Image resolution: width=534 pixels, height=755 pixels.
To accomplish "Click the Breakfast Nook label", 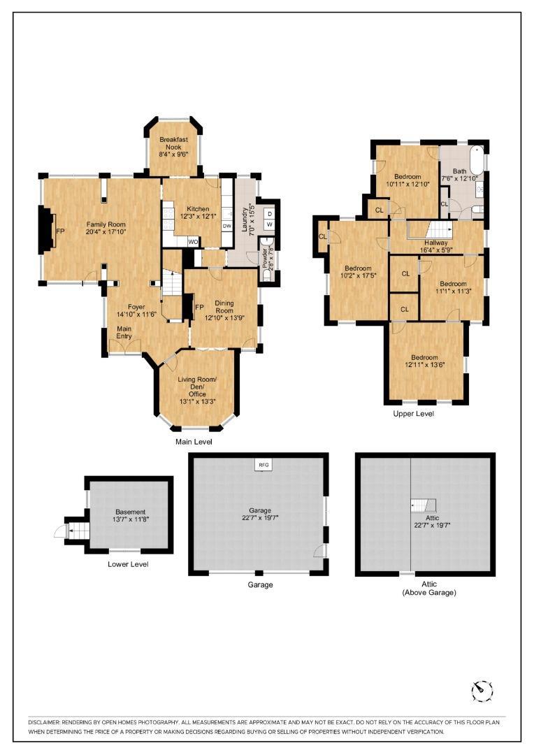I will click(x=173, y=144).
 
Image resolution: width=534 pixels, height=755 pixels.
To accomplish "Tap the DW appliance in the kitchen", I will click(x=226, y=226).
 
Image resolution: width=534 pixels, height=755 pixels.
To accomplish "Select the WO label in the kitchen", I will click(x=192, y=241).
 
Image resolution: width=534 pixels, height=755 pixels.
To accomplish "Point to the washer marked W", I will click(x=269, y=224).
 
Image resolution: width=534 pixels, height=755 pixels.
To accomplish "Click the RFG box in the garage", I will click(x=264, y=464).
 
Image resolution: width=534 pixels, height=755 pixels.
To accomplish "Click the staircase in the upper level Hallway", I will click(x=440, y=230).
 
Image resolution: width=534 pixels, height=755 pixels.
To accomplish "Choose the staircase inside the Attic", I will click(x=422, y=504).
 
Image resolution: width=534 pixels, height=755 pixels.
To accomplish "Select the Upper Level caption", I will click(x=414, y=414).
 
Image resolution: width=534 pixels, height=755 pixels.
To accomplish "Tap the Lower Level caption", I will click(x=128, y=564).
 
